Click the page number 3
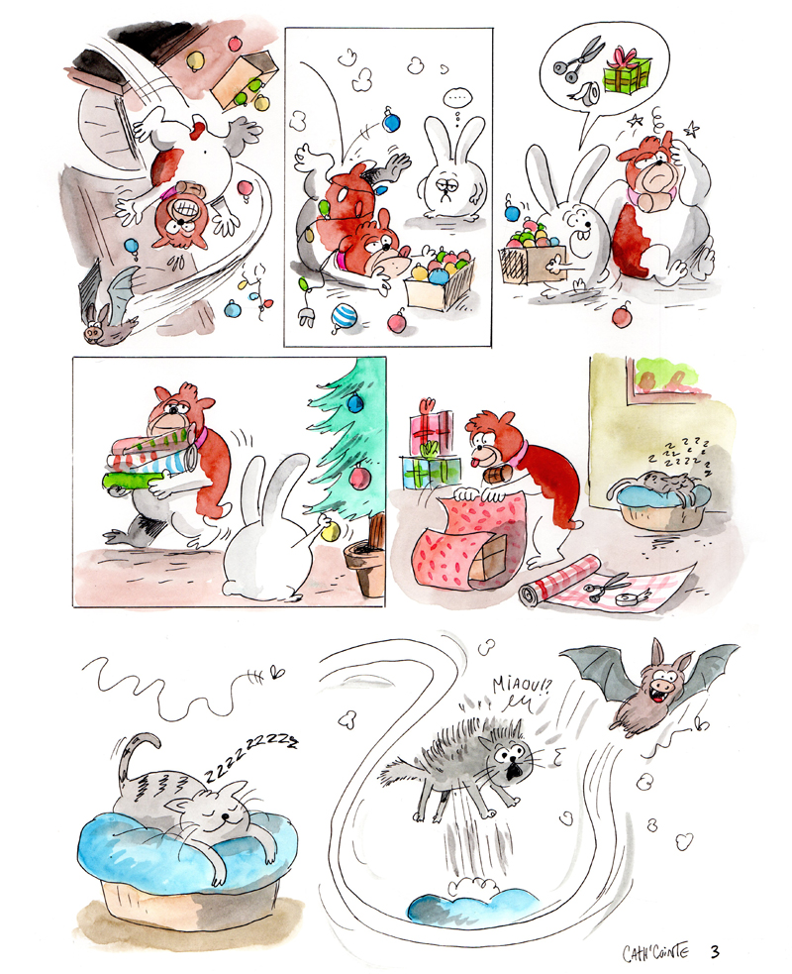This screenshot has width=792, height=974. click(715, 951)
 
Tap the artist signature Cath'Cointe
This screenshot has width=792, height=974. click(655, 951)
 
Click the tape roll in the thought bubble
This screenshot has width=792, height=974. click(585, 93)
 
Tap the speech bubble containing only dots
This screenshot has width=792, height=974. click(457, 97)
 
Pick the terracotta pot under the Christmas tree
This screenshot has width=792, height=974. click(366, 566)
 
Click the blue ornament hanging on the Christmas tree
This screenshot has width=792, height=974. click(355, 402)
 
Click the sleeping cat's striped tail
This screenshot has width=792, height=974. click(136, 755)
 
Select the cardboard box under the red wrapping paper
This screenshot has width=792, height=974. click(487, 559)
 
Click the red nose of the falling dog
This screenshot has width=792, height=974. click(197, 128)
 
